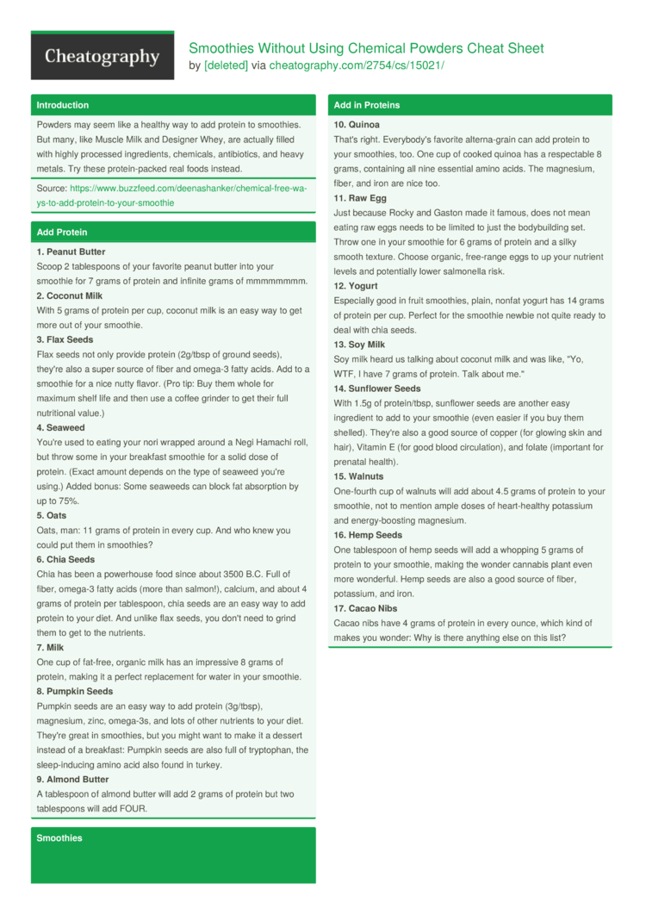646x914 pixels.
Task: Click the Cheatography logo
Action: [102, 57]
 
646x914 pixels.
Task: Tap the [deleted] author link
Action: [226, 65]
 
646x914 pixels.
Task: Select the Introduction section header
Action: [62, 105]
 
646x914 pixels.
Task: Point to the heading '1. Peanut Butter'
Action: [71, 252]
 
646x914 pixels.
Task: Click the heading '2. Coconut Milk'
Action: [69, 295]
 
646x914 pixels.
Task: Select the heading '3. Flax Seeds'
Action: [65, 339]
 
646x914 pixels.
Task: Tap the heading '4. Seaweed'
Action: [60, 427]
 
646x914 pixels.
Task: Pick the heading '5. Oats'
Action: [52, 515]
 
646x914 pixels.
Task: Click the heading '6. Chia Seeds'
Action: [65, 559]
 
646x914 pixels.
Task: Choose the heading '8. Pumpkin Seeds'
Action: [74, 691]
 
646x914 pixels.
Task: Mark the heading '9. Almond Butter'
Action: [72, 779]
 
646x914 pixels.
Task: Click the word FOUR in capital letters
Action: [134, 809]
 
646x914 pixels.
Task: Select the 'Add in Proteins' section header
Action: [366, 105]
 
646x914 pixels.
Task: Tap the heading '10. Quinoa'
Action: [357, 125]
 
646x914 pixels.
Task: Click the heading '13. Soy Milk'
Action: [359, 345]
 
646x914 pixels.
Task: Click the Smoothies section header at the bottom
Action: [59, 838]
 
